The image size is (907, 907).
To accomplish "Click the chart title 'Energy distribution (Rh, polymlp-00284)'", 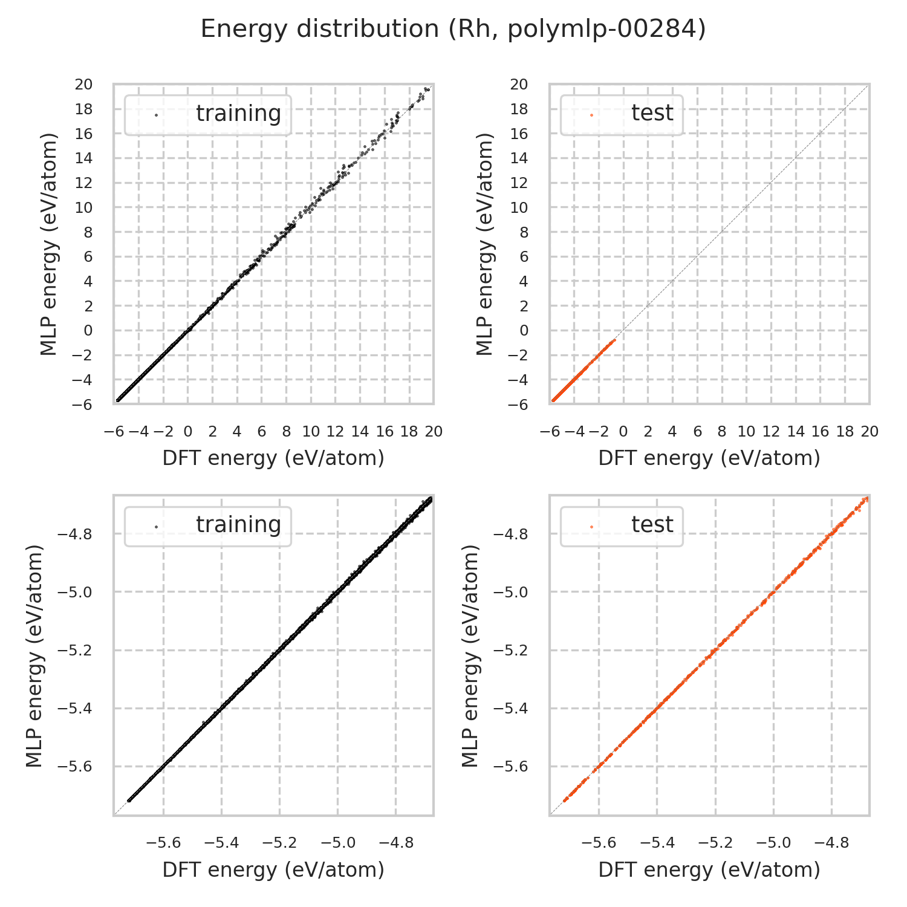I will click(453, 29).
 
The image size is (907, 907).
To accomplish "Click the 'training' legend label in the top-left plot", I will click(238, 113).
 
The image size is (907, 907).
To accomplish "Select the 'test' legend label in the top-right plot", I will click(652, 113).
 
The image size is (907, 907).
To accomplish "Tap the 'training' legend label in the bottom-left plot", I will click(238, 524).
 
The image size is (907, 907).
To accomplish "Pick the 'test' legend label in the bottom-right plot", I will click(652, 524).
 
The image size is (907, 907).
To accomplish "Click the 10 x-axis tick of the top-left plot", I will click(311, 432).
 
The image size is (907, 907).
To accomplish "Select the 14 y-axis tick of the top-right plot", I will click(519, 158).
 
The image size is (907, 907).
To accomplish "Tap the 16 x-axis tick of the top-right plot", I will click(820, 432).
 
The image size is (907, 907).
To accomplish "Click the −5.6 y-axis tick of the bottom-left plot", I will click(74, 767).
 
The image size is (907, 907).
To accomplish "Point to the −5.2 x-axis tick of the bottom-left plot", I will click(279, 843).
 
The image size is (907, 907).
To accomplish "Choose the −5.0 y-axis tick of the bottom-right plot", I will click(510, 593).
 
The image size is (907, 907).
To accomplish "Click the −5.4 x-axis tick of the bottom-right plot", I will click(657, 843).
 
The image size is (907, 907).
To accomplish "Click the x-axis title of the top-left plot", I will click(273, 458).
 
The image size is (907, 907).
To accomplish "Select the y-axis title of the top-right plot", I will click(485, 244).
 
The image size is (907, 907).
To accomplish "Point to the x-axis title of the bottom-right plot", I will click(709, 870).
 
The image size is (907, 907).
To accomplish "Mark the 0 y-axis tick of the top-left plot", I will click(88, 331).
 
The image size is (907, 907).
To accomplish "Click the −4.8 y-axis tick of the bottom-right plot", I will click(510, 535).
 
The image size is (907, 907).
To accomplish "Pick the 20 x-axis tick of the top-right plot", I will click(870, 432).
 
